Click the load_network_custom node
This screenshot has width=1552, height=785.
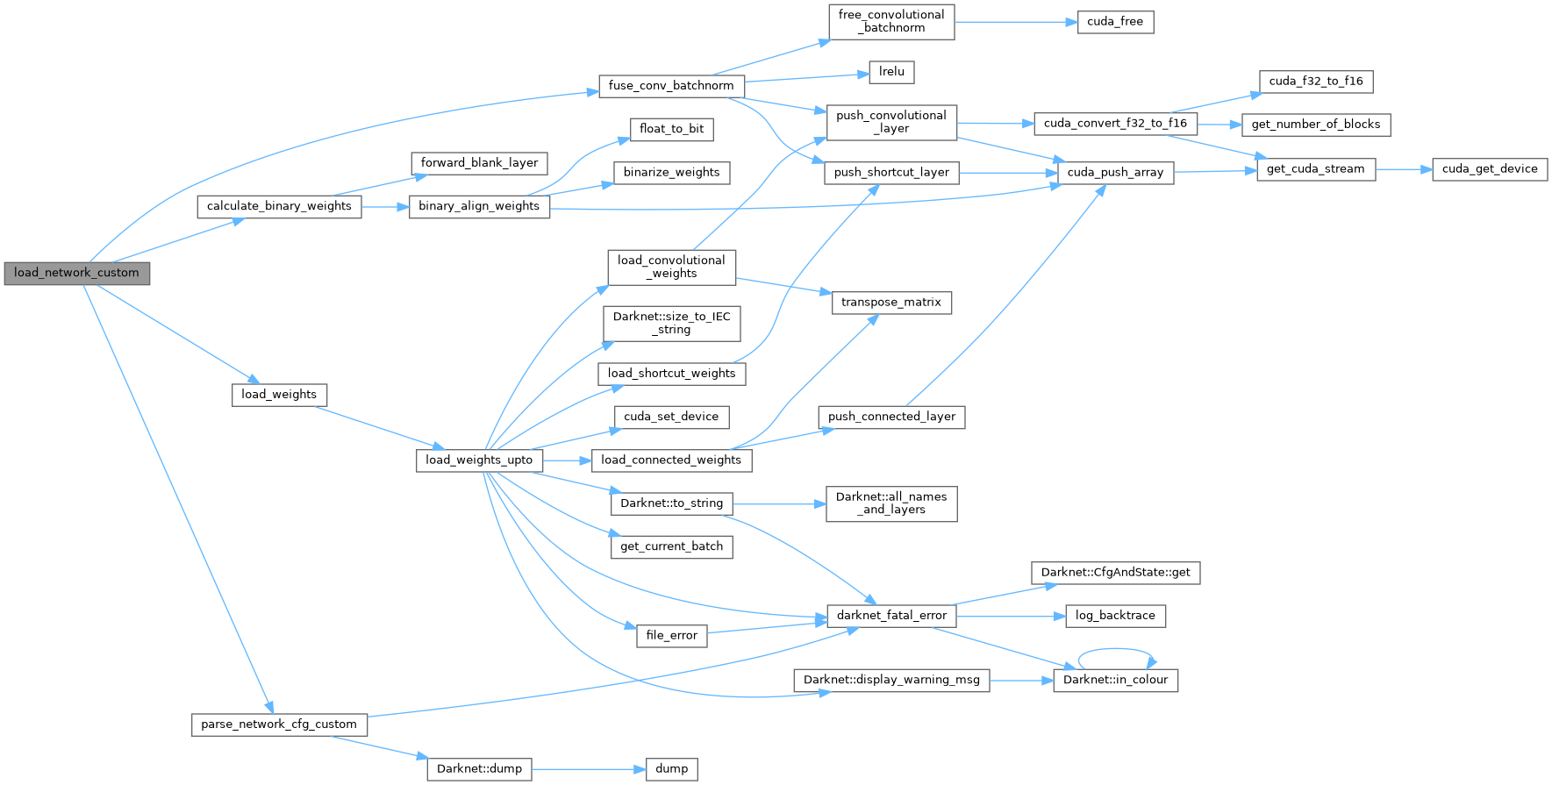[76, 273]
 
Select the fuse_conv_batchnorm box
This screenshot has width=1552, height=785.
[671, 86]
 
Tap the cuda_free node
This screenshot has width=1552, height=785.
[1115, 22]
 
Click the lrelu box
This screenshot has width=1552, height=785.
[891, 72]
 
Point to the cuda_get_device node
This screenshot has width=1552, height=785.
[1490, 169]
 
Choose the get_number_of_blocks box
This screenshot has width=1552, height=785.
[1315, 125]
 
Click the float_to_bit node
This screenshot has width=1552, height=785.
[671, 129]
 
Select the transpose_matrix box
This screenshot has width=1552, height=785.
[890, 303]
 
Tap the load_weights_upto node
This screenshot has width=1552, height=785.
[479, 460]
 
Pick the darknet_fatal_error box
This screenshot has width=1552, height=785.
[891, 616]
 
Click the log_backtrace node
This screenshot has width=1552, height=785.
[1115, 616]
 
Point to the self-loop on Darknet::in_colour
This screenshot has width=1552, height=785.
[1116, 650]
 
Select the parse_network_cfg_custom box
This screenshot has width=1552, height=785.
[279, 724]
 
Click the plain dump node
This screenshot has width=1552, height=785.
[671, 769]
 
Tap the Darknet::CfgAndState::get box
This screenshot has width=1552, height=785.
[1115, 573]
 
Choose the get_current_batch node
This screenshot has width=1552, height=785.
[671, 546]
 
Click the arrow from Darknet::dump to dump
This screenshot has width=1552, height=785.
[588, 769]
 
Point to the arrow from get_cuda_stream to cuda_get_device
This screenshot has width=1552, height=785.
[1403, 169]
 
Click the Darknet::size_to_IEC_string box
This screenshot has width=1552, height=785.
[671, 324]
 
